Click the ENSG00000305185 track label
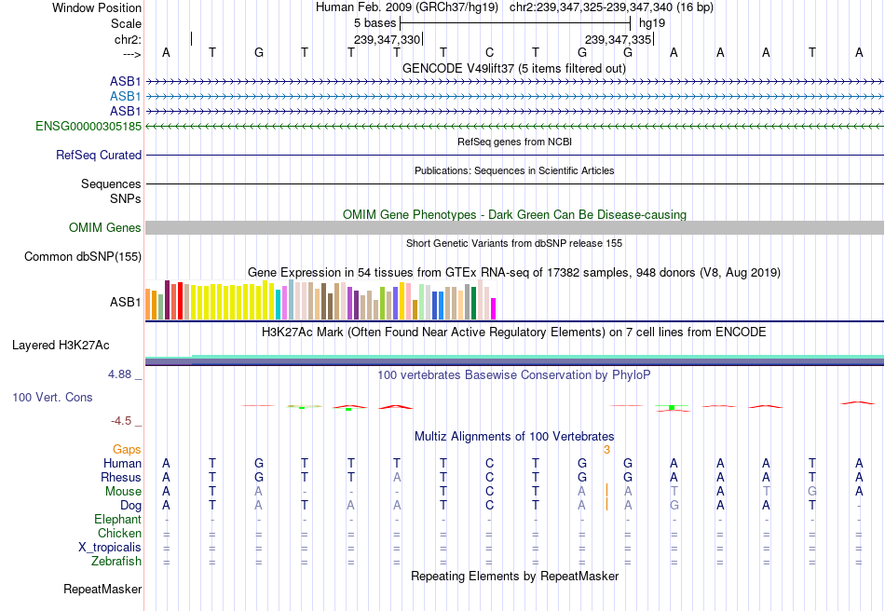(x=88, y=126)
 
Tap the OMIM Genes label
(x=105, y=228)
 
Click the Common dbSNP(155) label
(x=83, y=257)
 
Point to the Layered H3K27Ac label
(x=61, y=346)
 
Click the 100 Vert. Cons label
(x=52, y=398)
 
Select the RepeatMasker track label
(x=102, y=590)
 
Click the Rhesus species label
(x=121, y=478)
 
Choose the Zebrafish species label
(x=116, y=562)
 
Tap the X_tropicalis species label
(x=110, y=548)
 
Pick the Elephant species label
(x=117, y=520)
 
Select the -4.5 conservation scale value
(x=126, y=421)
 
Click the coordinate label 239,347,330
(x=388, y=40)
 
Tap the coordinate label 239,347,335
(x=618, y=40)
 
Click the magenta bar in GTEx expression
(x=494, y=308)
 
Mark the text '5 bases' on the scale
(x=374, y=23)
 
